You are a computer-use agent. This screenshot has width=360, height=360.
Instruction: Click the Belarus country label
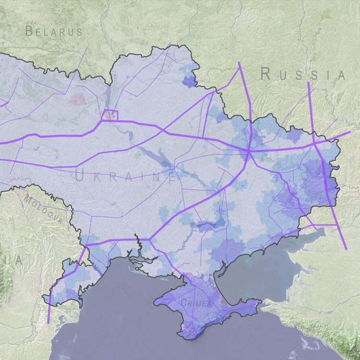[54, 32]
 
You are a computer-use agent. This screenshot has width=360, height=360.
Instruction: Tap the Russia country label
[302, 74]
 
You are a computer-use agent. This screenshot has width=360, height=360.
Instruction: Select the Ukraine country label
[126, 176]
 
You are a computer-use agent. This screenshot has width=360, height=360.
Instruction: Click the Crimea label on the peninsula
[197, 303]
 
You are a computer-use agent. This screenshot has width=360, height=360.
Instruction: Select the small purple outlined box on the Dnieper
[110, 115]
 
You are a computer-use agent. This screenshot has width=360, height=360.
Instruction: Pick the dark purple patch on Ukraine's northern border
[189, 82]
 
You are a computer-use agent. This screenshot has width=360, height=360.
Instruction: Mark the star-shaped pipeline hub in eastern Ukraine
[249, 152]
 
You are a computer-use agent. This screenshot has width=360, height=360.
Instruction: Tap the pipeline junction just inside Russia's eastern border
[313, 143]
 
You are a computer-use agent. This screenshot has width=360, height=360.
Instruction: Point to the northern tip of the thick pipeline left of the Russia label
[239, 62]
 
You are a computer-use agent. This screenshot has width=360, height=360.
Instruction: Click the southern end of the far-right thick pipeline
[346, 249]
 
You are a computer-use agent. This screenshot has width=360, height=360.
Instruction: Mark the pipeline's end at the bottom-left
[48, 323]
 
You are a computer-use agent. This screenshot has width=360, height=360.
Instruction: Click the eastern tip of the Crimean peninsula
[262, 301]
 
